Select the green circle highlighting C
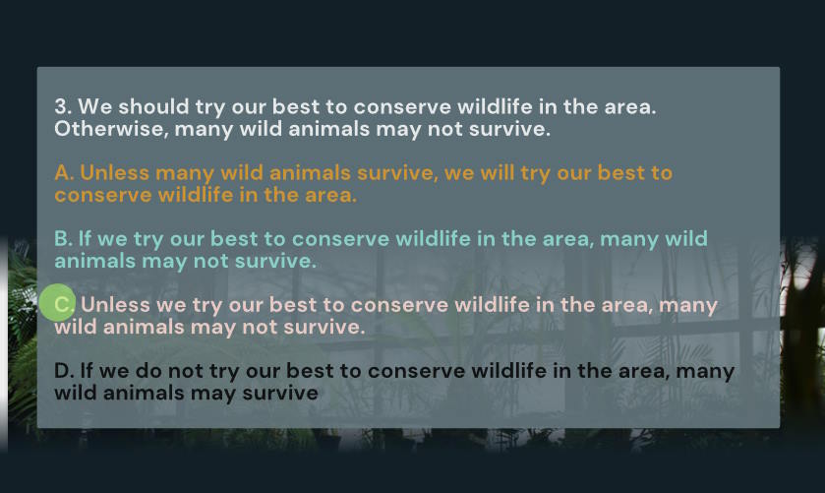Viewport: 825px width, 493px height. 57,302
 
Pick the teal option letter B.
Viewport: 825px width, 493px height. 63,238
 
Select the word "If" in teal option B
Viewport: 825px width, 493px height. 85,238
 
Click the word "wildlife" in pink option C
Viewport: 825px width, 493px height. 485,304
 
